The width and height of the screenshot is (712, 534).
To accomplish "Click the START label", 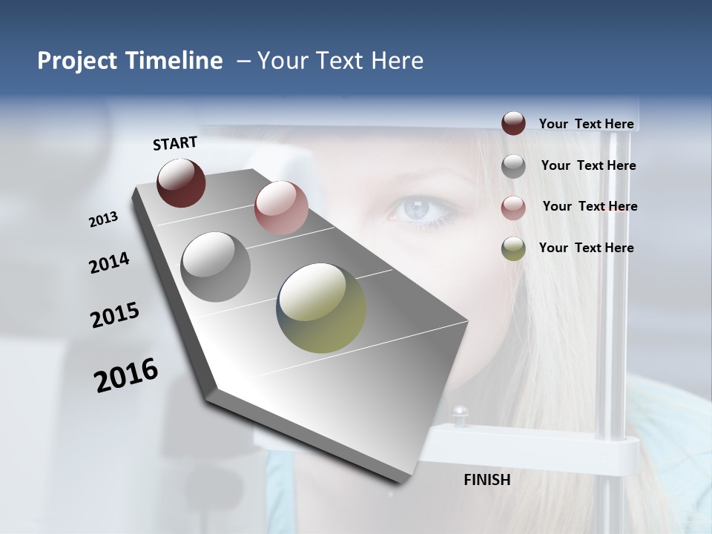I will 175,143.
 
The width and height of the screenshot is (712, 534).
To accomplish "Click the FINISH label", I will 487,480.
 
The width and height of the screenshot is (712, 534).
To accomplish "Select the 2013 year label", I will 103,220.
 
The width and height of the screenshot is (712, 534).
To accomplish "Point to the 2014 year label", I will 109,263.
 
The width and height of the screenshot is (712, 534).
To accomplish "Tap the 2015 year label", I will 115,315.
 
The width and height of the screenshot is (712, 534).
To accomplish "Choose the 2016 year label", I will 126,375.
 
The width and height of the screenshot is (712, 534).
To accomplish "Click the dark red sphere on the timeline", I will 181,182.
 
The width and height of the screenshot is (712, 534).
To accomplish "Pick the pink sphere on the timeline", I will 281,208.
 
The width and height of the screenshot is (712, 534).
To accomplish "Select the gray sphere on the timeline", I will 215,267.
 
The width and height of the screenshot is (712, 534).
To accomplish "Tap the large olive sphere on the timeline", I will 321,308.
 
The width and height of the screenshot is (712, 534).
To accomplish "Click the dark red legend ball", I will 513,124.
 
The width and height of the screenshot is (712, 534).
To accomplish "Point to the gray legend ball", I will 513,166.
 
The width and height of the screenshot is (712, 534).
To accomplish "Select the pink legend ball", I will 513,208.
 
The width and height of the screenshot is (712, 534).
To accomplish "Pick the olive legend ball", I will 513,248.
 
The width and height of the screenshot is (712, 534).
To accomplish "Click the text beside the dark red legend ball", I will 586,124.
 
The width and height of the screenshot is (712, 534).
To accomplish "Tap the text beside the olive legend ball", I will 586,248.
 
